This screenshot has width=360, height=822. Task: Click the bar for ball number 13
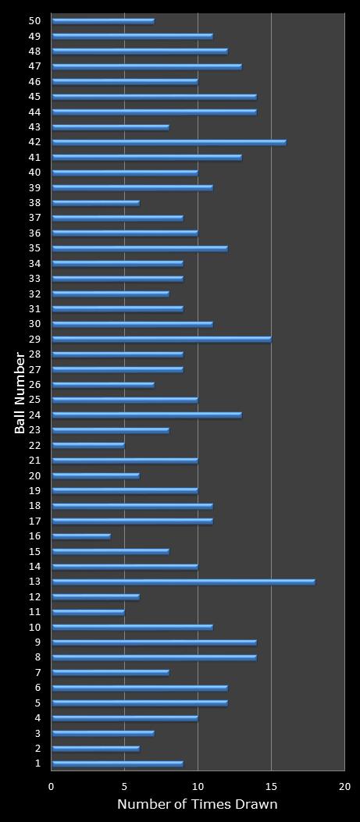tap(184, 582)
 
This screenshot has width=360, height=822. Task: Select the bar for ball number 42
tap(169, 142)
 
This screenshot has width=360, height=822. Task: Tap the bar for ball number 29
tap(162, 340)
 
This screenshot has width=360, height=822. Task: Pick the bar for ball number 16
tap(81, 536)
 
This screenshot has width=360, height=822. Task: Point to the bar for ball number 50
tap(103, 21)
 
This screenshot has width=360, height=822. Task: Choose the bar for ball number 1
tap(117, 763)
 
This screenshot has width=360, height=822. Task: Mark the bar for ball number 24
tap(147, 415)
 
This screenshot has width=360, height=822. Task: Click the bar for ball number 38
tap(95, 203)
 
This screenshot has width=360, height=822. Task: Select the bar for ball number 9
tap(154, 642)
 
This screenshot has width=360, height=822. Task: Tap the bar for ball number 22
tap(88, 446)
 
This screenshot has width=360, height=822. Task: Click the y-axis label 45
tap(34, 97)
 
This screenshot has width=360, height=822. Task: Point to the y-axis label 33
tap(34, 279)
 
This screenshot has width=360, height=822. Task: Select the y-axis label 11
tap(34, 612)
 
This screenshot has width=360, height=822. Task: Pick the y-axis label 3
tap(37, 733)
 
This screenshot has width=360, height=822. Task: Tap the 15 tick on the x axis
tap(271, 787)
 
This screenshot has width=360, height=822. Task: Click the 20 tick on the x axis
tap(344, 787)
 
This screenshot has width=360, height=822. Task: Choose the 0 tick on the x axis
tap(52, 787)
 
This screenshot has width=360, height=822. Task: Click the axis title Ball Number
tap(20, 393)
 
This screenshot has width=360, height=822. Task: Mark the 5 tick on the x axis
tap(125, 787)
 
